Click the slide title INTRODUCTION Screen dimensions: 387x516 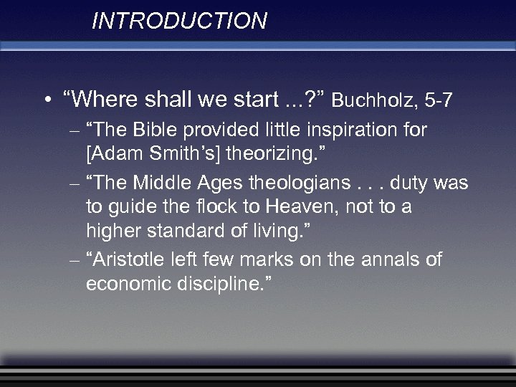[179, 21]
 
